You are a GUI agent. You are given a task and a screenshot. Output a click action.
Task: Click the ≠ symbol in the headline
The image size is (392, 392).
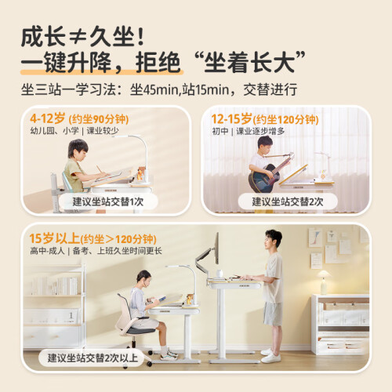point(78,38)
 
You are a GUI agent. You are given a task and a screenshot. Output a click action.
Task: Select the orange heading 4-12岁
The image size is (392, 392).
point(47,118)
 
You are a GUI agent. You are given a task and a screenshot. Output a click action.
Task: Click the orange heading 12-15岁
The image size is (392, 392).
point(231,119)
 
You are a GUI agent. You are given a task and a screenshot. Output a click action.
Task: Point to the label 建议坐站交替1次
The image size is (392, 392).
point(108,201)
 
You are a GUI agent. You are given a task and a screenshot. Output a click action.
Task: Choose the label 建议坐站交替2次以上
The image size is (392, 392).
point(93,358)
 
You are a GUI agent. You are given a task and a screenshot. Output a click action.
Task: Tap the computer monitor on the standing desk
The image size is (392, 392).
point(216,249)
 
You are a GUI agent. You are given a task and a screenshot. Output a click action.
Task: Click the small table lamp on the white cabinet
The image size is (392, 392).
point(324,282)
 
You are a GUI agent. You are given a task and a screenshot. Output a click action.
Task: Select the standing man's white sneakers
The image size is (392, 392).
point(270,356)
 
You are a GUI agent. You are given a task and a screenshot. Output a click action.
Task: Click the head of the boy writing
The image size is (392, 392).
point(78,148)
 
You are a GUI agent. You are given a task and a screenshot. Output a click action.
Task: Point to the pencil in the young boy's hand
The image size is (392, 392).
point(99,169)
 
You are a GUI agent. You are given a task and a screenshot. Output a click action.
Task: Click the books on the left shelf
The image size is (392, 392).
point(55,285)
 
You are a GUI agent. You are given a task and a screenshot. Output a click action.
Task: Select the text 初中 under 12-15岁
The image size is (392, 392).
point(220,131)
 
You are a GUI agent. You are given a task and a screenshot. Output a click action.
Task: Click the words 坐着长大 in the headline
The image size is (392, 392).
point(249,63)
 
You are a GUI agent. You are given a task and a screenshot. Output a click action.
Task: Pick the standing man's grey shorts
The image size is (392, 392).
point(273,314)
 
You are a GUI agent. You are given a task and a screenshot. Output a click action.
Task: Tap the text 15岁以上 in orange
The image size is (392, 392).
point(54,238)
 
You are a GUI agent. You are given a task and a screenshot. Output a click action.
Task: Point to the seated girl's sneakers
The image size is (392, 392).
point(169,355)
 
